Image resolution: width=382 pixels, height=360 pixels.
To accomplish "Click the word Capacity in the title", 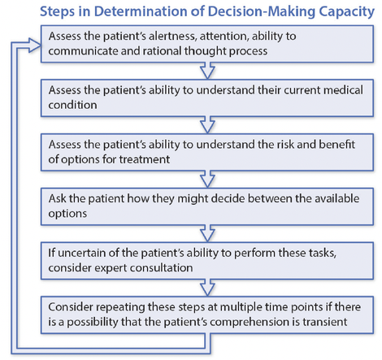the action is tap(346, 12).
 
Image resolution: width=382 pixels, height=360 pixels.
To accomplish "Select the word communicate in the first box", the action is tap(83, 51).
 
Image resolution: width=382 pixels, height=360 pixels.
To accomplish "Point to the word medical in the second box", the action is tap(343, 90).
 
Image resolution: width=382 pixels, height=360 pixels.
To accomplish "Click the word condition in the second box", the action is tap(72, 105).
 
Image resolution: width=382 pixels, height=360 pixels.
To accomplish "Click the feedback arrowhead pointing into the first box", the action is tap(34, 46).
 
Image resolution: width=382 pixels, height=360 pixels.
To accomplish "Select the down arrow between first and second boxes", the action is tap(207, 71).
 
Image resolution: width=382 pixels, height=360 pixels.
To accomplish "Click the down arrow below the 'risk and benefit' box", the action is tap(207, 179).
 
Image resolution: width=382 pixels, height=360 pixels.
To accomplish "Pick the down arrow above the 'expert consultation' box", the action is tap(207, 233).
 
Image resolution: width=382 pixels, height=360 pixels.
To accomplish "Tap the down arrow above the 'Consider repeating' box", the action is tap(207, 288).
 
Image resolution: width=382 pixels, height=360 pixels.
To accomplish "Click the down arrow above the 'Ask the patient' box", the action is tap(207, 179).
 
